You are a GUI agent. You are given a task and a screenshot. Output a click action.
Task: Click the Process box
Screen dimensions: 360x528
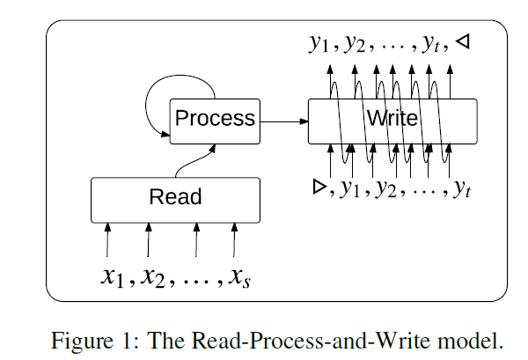click(x=216, y=117)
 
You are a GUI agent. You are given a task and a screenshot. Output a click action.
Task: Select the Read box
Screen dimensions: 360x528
click(x=176, y=198)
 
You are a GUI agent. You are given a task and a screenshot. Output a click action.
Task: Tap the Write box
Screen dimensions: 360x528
click(x=392, y=119)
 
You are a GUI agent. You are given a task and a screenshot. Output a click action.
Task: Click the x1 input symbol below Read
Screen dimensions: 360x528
click(x=111, y=278)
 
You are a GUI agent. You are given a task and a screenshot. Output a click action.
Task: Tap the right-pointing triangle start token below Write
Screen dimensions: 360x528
click(x=318, y=187)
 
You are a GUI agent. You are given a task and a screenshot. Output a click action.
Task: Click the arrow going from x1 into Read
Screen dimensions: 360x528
click(x=107, y=239)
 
